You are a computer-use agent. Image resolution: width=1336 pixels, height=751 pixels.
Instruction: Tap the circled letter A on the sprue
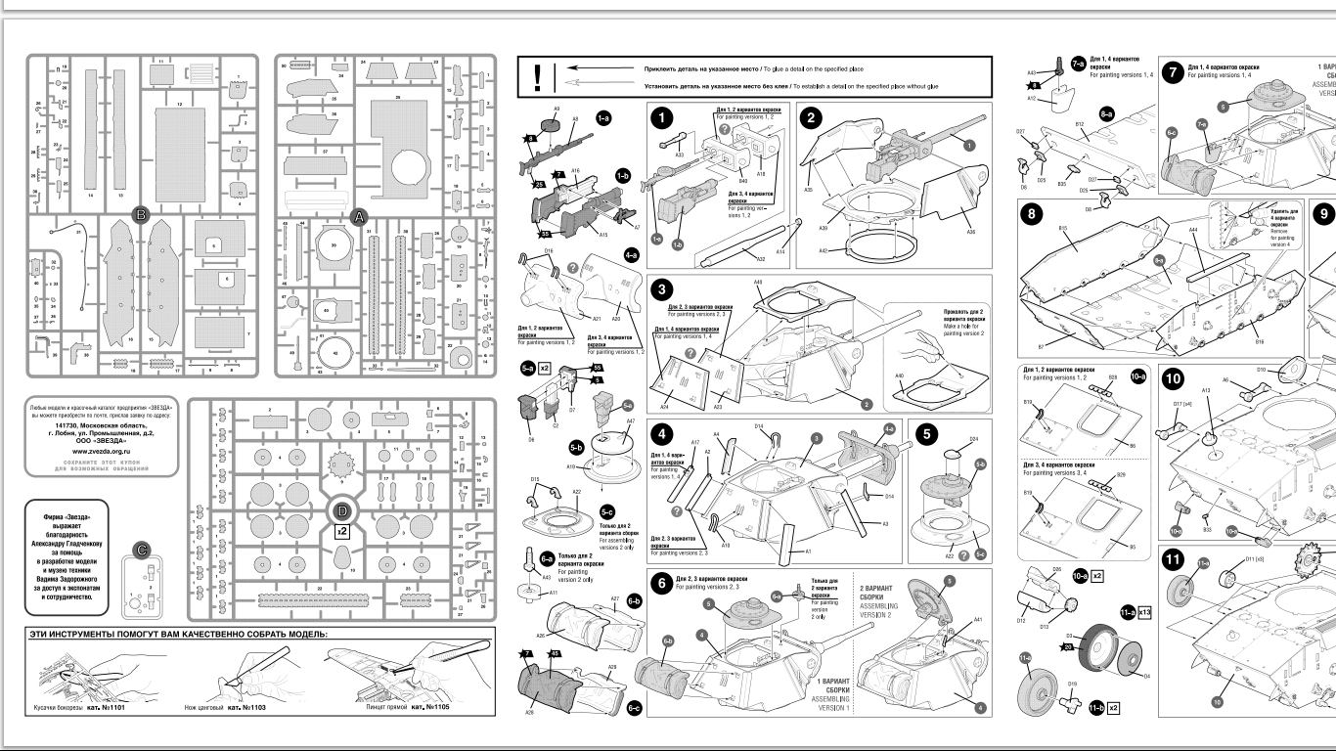click(x=358, y=217)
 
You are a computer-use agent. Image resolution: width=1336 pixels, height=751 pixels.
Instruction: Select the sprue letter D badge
click(x=341, y=510)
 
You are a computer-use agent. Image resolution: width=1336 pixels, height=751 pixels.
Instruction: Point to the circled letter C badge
click(x=142, y=551)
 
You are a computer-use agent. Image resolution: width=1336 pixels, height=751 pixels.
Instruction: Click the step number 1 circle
click(x=665, y=119)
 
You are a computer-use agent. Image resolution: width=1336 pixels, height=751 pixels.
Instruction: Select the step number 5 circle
click(x=925, y=436)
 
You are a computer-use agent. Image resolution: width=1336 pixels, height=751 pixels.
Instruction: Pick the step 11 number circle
click(x=1172, y=561)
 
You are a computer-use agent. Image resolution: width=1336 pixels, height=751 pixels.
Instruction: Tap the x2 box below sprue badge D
click(x=341, y=531)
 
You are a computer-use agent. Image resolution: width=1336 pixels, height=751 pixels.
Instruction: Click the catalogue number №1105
click(x=430, y=706)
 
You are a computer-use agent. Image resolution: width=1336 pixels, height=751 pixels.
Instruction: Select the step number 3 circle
click(x=664, y=290)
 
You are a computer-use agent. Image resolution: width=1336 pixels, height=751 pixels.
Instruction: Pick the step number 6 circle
click(x=663, y=584)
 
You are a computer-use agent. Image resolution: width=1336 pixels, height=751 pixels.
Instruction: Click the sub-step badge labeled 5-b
click(x=577, y=447)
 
